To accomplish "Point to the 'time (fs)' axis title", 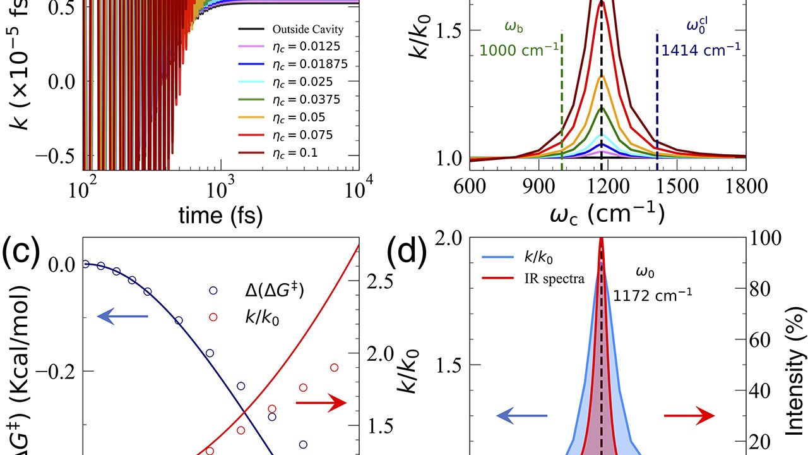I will pos(220,215).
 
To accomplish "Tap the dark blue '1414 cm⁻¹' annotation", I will pos(699,49).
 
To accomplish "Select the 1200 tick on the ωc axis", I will pos(607,186).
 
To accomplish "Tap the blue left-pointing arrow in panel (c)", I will pos(123,313).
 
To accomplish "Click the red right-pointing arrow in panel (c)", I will pos(321,403).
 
